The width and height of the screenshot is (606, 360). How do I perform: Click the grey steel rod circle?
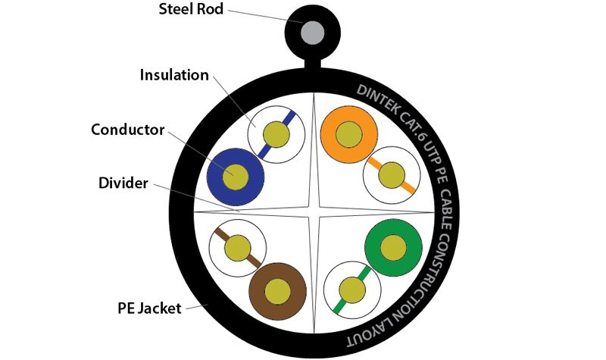tap(312, 32)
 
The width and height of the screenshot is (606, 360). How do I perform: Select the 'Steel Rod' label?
tap(191, 9)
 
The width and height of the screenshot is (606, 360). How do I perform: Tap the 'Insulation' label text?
tap(174, 75)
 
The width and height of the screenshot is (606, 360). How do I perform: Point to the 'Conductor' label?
tap(128, 130)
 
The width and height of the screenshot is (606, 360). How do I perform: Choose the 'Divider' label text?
tap(123, 183)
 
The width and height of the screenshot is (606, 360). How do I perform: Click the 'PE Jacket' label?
tap(149, 308)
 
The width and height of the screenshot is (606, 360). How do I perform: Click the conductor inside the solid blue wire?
tap(236, 177)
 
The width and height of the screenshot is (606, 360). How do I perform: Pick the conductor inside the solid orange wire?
tap(348, 134)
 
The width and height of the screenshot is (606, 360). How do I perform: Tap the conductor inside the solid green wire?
tap(393, 248)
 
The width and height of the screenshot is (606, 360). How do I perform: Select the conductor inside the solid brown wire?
tap(277, 292)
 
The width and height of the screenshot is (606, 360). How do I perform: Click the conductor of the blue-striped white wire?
tap(276, 135)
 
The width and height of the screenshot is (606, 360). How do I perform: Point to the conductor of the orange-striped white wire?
tap(392, 175)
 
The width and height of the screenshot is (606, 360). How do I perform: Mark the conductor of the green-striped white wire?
tap(352, 290)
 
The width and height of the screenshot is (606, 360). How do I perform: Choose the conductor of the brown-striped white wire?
tap(238, 248)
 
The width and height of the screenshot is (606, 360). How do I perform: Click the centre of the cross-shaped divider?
tap(314, 212)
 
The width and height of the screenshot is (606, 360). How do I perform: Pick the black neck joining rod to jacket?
tap(312, 64)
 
